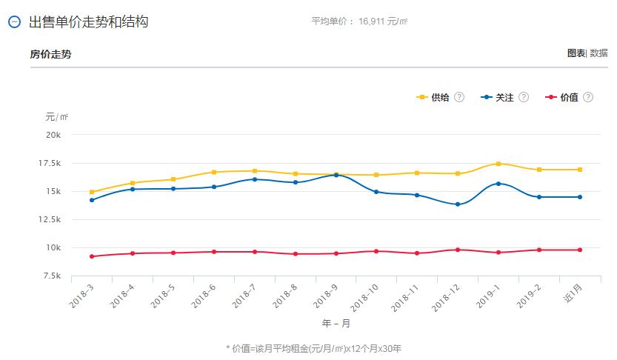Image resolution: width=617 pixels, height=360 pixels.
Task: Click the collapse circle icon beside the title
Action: pyautogui.click(x=14, y=22)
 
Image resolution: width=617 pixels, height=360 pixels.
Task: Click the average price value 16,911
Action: pyautogui.click(x=374, y=21)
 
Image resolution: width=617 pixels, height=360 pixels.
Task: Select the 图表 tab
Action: pyautogui.click(x=576, y=53)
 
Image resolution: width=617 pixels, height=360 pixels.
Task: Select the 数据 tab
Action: pyautogui.click(x=598, y=53)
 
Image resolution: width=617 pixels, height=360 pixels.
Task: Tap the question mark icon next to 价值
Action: pyautogui.click(x=588, y=98)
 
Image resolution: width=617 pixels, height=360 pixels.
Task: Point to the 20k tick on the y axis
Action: pyautogui.click(x=53, y=135)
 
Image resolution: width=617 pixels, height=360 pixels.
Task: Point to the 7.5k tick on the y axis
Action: pyautogui.click(x=52, y=276)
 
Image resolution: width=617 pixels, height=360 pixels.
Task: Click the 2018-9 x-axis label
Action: pyautogui.click(x=327, y=298)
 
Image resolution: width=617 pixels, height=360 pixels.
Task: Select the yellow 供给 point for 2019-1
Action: pyautogui.click(x=498, y=164)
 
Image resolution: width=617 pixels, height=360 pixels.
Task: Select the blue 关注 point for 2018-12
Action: pyautogui.click(x=458, y=204)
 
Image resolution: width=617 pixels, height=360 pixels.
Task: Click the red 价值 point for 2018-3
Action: pyautogui.click(x=92, y=256)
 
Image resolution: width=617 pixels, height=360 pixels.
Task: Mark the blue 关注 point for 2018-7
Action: pyautogui.click(x=255, y=179)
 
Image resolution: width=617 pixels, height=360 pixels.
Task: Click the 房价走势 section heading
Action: pyautogui.click(x=51, y=54)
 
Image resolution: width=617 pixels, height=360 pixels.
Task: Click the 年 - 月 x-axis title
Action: pyautogui.click(x=336, y=324)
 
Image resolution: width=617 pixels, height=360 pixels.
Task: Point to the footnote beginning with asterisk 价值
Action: pyautogui.click(x=313, y=348)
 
